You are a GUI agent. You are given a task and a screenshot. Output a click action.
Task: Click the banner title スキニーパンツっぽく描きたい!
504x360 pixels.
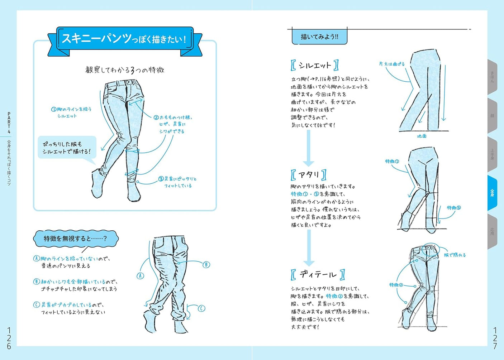pos(124,39)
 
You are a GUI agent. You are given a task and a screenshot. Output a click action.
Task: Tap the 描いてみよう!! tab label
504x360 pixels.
pos(319,37)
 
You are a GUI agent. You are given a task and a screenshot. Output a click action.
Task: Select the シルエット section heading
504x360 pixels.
pos(315,66)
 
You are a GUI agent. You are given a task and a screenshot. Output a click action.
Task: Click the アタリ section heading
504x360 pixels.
pos(309,175)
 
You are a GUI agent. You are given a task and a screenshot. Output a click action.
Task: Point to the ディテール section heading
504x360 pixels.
pos(318,275)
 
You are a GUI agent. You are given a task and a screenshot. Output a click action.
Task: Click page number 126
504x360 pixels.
pos(9,338)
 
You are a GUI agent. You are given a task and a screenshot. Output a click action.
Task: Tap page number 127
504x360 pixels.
pos(495,338)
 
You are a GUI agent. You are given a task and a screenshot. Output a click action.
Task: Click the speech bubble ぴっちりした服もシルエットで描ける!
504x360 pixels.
pos(67,148)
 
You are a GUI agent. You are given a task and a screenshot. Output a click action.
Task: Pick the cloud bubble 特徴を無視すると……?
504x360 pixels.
pos(75,239)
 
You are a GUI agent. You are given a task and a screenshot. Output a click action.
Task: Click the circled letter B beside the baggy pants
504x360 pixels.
pos(206,265)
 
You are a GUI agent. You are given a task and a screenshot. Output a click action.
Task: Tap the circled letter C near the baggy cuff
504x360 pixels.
pos(201,308)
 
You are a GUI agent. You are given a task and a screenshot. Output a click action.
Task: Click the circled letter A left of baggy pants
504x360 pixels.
pos(140,275)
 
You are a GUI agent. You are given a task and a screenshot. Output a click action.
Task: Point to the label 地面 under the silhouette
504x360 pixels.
pos(422,136)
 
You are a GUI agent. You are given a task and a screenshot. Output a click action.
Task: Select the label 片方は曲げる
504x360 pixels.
pos(392,64)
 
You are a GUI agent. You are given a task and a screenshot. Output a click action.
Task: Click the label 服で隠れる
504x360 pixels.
pos(455,255)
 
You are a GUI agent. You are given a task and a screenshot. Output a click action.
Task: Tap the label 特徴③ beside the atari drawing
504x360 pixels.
pos(453,208)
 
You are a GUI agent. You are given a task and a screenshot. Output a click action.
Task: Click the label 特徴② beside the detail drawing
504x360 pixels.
pos(396,285)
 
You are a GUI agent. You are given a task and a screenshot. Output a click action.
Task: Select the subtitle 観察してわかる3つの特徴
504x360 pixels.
pos(125,70)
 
